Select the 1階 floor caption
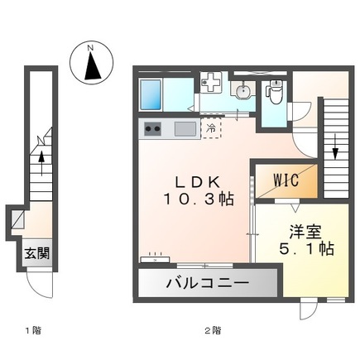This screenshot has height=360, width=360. point(32,330)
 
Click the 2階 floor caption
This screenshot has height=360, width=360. point(214,330)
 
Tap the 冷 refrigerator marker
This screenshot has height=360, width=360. point(212,128)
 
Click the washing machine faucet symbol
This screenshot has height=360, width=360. point(212,83)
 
